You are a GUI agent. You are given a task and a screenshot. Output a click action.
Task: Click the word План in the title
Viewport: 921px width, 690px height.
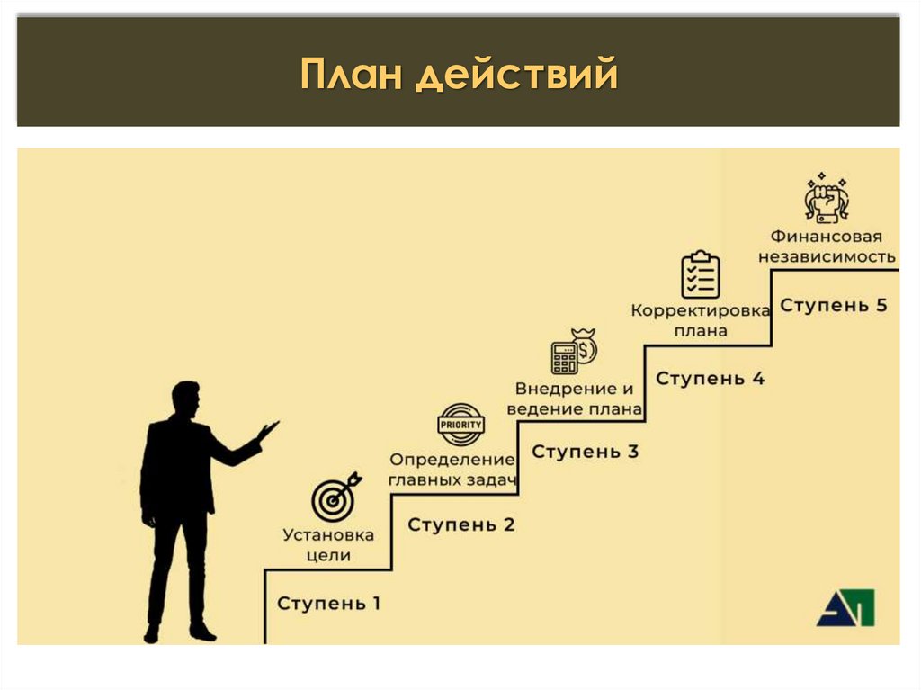352,75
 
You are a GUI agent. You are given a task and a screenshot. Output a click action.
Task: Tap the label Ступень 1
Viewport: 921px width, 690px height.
328,603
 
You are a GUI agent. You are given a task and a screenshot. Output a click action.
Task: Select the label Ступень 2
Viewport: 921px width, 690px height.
461,524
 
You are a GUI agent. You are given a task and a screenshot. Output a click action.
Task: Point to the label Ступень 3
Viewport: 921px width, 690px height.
586,452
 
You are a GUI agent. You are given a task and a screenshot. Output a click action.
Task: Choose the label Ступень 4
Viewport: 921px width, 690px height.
711,379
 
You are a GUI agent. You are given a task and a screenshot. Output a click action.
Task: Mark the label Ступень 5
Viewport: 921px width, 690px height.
834,305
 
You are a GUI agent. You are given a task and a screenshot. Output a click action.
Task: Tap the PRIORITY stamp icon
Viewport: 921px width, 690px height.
460,424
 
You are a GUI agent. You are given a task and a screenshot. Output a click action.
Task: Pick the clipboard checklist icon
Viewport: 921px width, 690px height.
701,275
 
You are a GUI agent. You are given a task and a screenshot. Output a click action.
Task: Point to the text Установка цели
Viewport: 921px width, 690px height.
328,545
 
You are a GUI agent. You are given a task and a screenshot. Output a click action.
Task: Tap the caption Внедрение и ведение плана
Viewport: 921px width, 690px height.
575,399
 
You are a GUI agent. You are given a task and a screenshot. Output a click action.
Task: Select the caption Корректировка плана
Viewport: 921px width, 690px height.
701,320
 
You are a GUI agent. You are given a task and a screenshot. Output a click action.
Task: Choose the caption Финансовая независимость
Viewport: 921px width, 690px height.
827,246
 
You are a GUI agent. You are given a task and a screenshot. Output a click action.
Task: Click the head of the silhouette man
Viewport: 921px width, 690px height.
185,399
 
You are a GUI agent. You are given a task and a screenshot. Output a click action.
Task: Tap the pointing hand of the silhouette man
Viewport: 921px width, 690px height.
267,431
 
